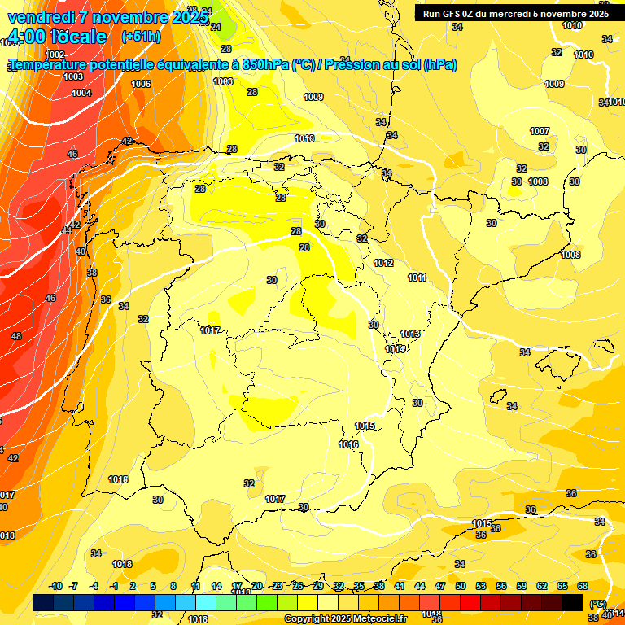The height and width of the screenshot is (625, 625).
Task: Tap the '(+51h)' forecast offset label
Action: coord(141,37)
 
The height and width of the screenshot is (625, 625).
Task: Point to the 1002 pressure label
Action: coord(55,55)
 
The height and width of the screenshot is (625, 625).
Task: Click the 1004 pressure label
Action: coord(81,93)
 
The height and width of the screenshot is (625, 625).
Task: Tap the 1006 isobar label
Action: coord(141,84)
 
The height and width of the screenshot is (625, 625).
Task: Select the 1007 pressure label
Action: coord(539,131)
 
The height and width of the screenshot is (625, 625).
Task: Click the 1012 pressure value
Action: coord(383,263)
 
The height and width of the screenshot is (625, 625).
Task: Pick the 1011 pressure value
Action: coord(417,278)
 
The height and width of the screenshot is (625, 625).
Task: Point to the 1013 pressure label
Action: coord(410,334)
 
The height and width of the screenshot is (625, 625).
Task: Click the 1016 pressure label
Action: coord(348,444)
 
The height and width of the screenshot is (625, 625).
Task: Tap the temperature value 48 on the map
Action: coord(16,336)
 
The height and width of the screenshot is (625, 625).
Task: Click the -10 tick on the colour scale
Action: coord(55,586)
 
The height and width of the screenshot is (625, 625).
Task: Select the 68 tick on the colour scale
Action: coord(583,586)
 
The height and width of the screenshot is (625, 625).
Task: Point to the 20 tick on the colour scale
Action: coord(256,586)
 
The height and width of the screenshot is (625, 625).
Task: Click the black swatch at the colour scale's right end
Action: coord(572,602)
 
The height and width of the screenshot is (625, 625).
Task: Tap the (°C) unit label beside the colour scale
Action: coord(597,604)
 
